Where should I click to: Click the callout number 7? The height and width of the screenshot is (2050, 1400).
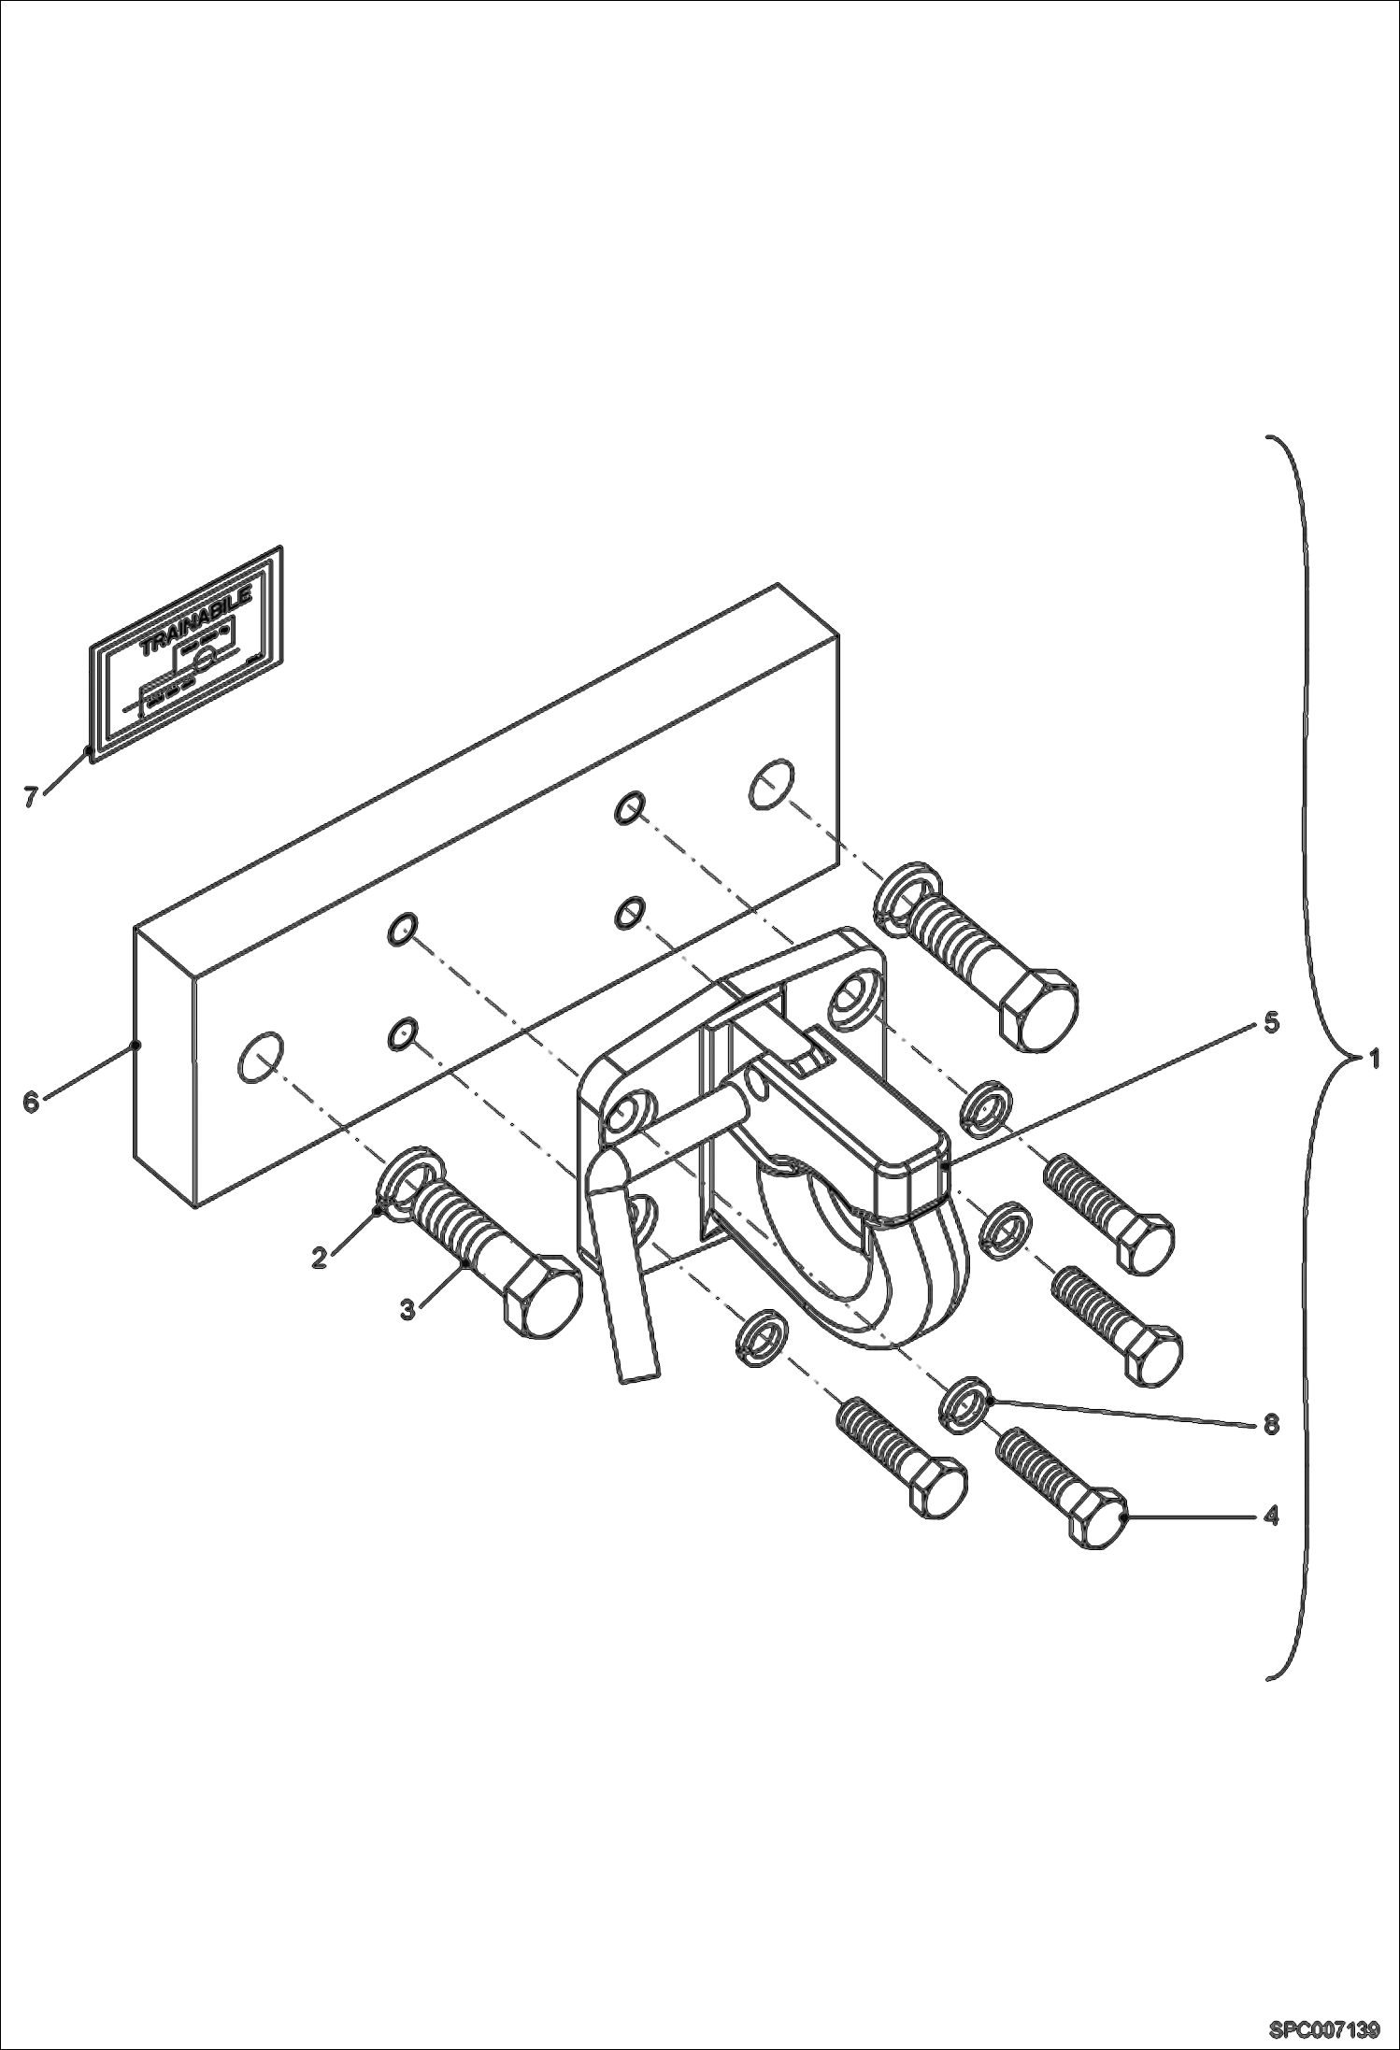[x=31, y=797]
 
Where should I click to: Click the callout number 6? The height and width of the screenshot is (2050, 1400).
[x=31, y=1103]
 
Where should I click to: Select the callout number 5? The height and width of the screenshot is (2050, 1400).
[x=1271, y=1023]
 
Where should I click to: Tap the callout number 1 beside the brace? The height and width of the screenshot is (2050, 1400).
[x=1374, y=1060]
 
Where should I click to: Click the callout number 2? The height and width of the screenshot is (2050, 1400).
[x=321, y=1258]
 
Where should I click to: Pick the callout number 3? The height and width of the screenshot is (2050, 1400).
[x=407, y=1310]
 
